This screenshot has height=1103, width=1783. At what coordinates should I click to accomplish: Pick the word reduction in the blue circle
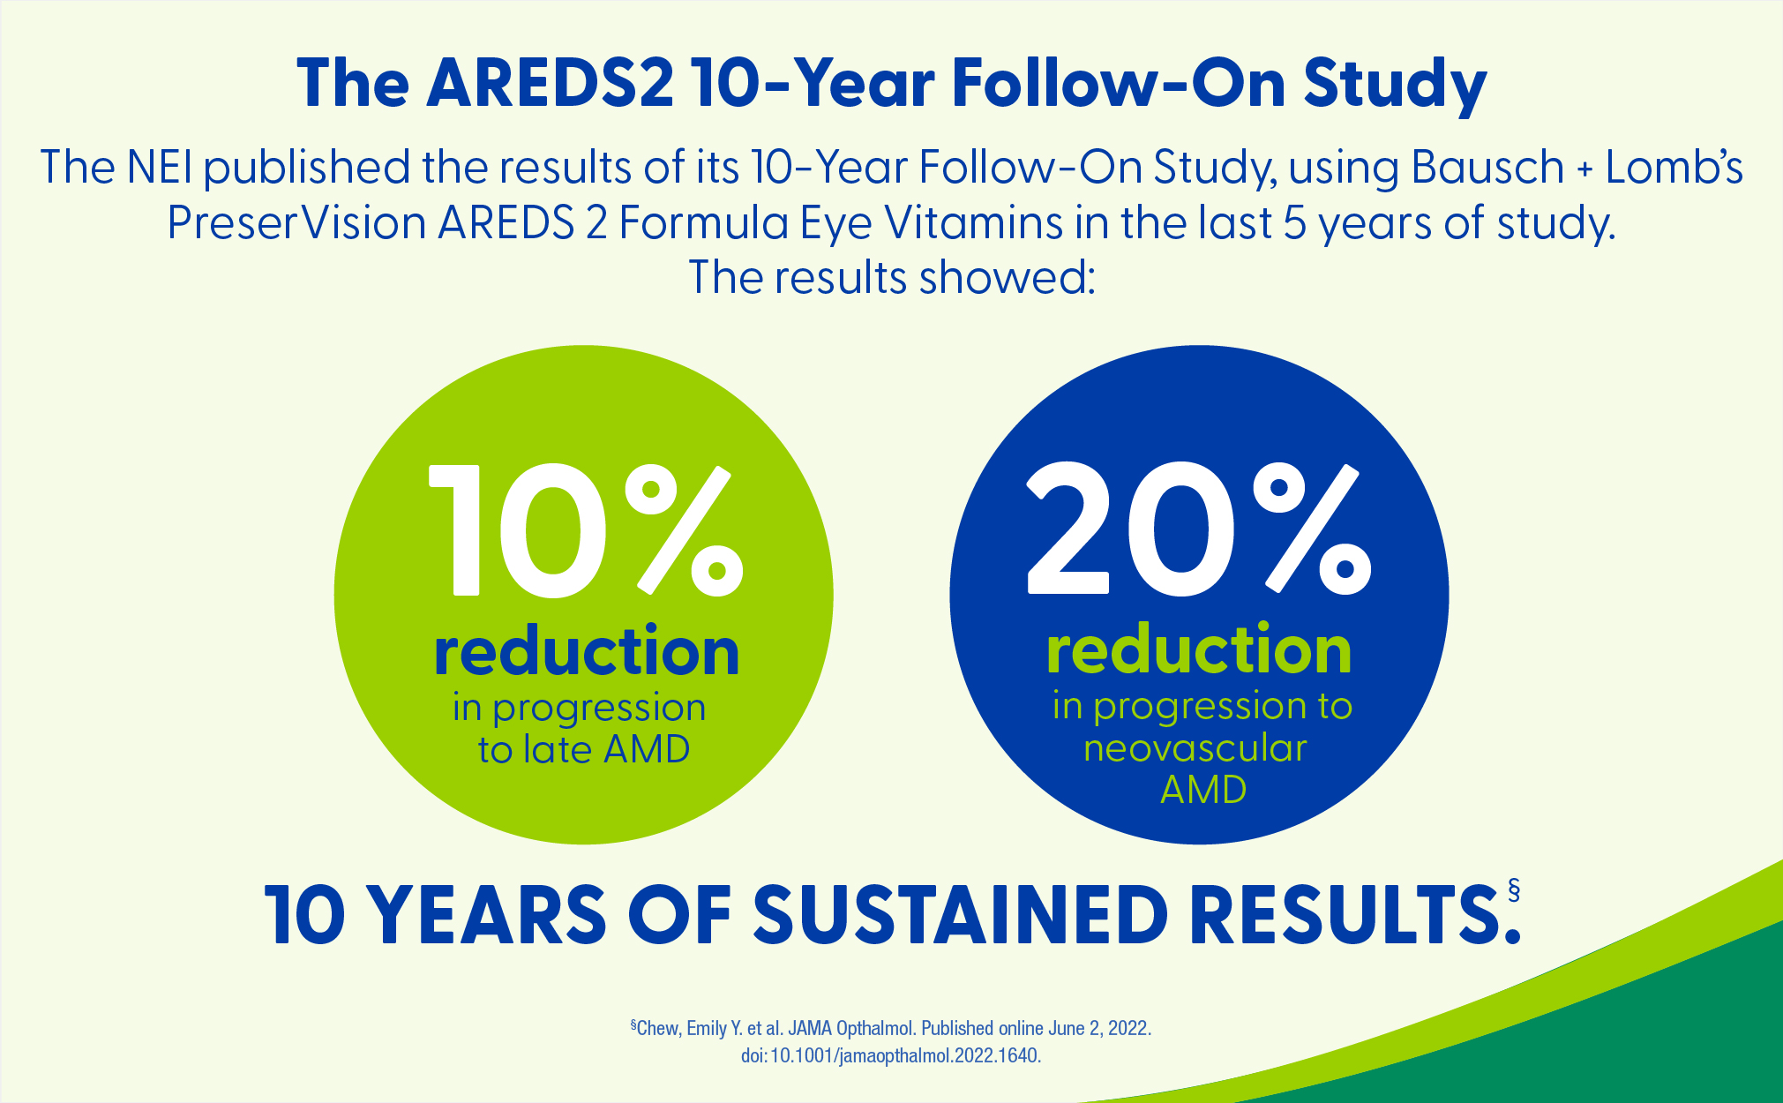coord(1199,649)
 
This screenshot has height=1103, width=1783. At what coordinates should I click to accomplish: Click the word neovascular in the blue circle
coord(1195,748)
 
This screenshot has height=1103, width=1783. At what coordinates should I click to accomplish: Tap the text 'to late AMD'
coord(584,750)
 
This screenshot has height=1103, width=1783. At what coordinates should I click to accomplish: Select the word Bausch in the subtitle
coord(1487,167)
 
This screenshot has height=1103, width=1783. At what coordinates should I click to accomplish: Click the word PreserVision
coord(296,222)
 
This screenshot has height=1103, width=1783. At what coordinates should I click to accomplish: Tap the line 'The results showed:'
coord(891,277)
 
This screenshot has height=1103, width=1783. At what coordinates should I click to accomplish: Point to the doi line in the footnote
coord(891,1055)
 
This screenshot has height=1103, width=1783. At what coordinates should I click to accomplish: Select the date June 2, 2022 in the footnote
coord(1098,1028)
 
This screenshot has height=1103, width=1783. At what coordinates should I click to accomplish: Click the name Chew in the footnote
coord(658,1028)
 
